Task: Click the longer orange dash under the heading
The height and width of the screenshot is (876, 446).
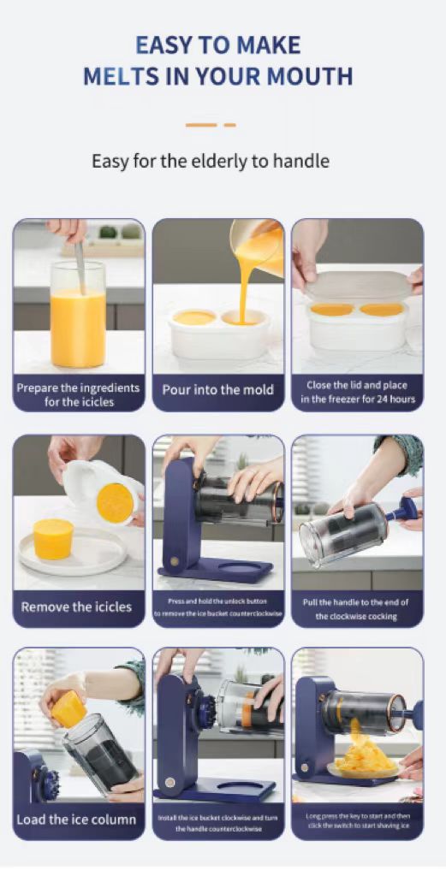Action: (x=201, y=125)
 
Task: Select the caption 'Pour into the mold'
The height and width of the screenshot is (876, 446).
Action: (x=218, y=389)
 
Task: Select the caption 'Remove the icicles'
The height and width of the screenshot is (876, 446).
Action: (x=76, y=607)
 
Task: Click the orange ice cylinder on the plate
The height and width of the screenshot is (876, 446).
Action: (x=53, y=538)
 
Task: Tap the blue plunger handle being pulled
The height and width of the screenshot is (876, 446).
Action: (x=401, y=511)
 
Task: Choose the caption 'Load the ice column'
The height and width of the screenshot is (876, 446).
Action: (x=76, y=820)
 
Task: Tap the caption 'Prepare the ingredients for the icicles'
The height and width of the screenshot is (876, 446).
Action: (x=78, y=395)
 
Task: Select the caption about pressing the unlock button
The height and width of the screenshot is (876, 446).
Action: (x=218, y=607)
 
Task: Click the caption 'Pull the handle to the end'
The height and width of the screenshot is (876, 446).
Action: (x=356, y=602)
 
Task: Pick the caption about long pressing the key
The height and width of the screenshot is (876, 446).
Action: (x=358, y=820)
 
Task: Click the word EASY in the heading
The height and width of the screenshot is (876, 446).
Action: (x=163, y=45)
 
